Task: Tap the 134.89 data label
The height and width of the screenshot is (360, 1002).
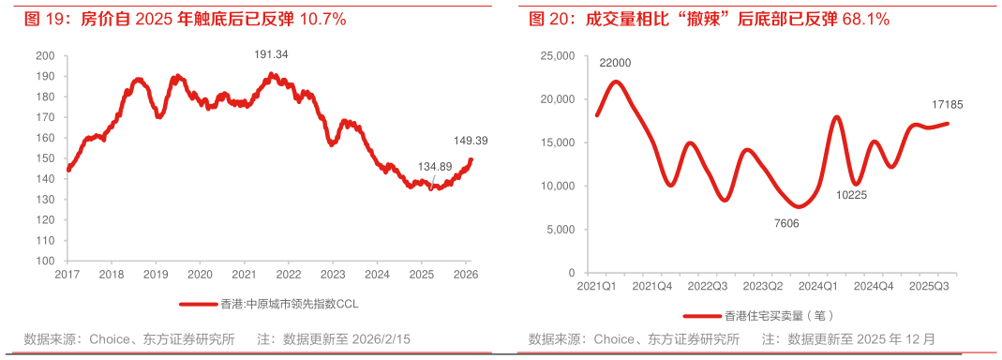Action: [435, 167]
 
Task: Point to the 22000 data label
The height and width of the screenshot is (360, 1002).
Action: [615, 63]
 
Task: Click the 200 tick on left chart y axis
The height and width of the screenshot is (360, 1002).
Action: [44, 56]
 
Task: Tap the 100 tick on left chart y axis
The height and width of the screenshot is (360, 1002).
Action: [44, 262]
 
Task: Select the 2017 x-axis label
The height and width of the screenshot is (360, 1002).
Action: [67, 275]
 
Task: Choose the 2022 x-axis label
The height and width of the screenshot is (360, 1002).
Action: [289, 275]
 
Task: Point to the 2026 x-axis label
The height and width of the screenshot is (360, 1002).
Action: [466, 275]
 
